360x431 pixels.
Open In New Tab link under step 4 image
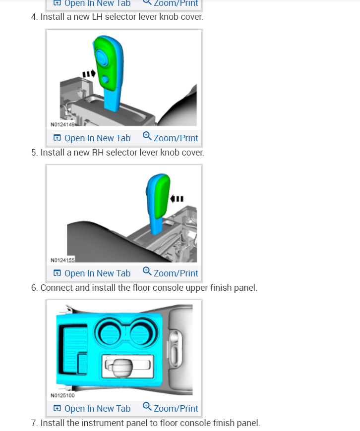pyautogui.click(x=92, y=138)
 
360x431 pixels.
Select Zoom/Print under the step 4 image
pyautogui.click(x=170, y=138)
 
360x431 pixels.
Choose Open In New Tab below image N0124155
pyautogui.click(x=92, y=273)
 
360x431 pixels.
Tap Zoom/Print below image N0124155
pyautogui.click(x=170, y=273)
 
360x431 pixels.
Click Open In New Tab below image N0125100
pyautogui.click(x=92, y=409)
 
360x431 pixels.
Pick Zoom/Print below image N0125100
pyautogui.click(x=170, y=409)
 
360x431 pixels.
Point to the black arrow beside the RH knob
pyautogui.click(x=177, y=199)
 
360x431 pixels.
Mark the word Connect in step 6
pyautogui.click(x=56, y=288)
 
